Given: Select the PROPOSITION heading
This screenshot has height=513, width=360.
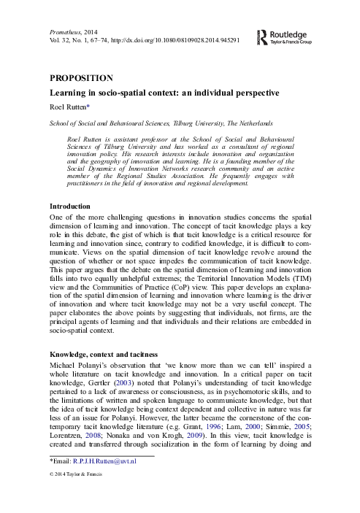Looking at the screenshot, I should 81,78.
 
